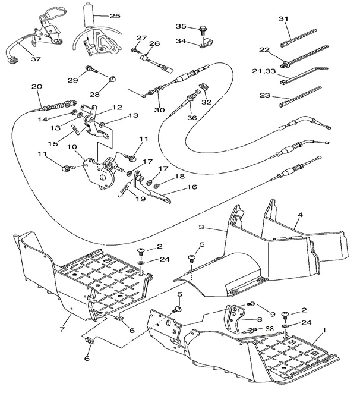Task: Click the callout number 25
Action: coord(115,15)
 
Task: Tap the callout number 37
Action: coord(36,59)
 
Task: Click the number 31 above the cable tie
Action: coord(283,19)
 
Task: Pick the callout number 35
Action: coord(181,26)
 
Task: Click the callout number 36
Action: coord(191,118)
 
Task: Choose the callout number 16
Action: coord(176,187)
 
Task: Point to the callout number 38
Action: coord(270,328)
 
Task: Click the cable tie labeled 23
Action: coord(308,95)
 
